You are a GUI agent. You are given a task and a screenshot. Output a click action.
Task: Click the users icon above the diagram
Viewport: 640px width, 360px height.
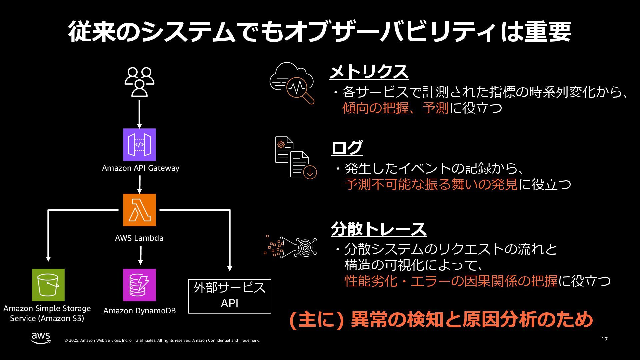(x=139, y=82)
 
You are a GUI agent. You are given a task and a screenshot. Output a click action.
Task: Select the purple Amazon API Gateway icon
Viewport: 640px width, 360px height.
(x=139, y=145)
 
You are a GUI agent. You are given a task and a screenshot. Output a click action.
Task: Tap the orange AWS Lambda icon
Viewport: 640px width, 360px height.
(x=139, y=210)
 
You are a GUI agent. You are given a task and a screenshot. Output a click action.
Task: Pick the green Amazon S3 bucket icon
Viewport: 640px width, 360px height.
(x=48, y=285)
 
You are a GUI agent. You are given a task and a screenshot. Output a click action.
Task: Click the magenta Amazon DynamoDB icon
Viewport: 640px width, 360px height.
(x=139, y=285)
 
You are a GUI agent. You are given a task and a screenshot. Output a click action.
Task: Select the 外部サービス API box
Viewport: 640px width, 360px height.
(x=230, y=296)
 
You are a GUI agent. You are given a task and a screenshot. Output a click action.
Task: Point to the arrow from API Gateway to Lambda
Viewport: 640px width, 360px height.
(x=139, y=184)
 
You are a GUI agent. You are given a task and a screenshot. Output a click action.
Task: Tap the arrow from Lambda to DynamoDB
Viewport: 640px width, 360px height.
(x=140, y=255)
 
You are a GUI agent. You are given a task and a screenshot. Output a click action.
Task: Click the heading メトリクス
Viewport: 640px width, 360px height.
(x=369, y=72)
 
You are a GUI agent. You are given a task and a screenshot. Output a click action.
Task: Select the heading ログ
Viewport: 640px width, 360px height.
(x=347, y=148)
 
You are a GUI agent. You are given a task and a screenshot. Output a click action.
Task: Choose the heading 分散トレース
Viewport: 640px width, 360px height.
(x=379, y=229)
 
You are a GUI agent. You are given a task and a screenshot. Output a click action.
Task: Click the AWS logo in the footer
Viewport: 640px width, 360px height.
(x=41, y=338)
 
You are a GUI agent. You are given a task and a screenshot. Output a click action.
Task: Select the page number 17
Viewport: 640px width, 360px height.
(x=604, y=339)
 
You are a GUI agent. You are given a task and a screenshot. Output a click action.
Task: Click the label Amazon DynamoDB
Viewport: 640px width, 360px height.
(x=139, y=311)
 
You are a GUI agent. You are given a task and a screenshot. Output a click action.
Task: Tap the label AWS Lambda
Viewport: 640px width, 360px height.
(x=139, y=238)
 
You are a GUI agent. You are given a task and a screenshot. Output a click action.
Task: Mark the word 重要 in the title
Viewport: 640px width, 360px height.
(x=548, y=32)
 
